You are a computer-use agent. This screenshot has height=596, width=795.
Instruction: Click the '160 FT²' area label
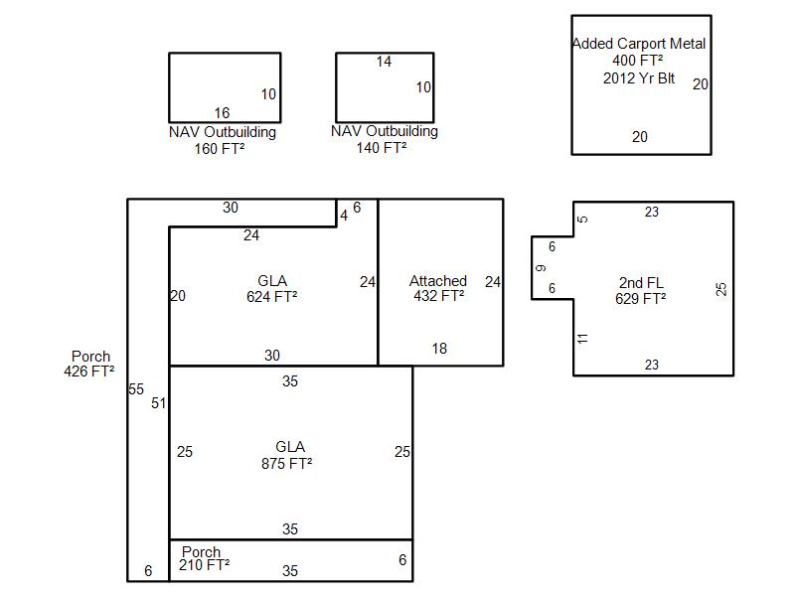220,148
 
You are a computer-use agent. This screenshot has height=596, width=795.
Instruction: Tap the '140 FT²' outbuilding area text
382,147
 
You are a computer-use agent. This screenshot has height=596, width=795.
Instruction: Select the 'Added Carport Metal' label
639,44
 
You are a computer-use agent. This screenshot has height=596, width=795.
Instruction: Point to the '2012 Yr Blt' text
639,78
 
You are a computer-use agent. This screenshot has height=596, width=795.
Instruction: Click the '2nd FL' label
641,282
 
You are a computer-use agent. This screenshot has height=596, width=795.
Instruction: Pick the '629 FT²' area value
640,299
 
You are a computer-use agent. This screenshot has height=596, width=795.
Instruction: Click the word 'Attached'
438,281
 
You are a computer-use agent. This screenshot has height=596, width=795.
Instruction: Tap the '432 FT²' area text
439,295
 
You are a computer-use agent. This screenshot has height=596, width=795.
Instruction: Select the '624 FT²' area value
271,296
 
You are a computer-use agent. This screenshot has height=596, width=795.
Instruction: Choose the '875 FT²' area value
287,463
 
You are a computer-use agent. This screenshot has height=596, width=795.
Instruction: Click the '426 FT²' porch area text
89,371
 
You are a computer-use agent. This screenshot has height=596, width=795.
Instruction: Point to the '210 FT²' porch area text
205,564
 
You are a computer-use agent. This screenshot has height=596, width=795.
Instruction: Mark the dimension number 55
136,389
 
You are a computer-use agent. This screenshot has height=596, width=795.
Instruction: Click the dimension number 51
159,403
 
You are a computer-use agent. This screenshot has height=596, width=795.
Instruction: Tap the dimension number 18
439,349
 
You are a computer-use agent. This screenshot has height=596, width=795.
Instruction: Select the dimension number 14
384,62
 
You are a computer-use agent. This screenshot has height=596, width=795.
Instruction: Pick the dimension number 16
222,112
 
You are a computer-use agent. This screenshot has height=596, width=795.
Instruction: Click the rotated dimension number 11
582,338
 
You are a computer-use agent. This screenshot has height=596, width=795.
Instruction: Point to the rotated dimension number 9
541,267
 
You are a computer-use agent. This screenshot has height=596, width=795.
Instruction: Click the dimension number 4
344,216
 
